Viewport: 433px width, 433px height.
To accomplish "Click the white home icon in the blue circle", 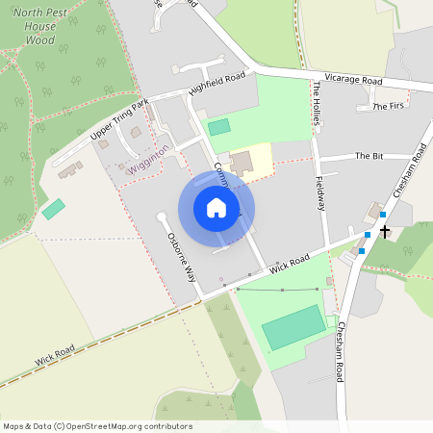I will [216, 209].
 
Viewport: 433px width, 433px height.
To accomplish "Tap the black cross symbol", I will [385, 231].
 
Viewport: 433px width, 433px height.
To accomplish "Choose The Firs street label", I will [391, 106].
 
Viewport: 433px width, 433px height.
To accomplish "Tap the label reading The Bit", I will [369, 155].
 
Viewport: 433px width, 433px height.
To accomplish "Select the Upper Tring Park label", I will [121, 118].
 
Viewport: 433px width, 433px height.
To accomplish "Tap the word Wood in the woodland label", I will [38, 41].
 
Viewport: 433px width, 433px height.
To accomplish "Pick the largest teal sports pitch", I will [293, 326].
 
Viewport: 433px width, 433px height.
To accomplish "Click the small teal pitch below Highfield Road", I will [219, 127].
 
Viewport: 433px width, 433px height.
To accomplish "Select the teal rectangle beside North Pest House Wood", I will [54, 208].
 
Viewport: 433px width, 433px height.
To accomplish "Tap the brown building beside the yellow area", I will [241, 162].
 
